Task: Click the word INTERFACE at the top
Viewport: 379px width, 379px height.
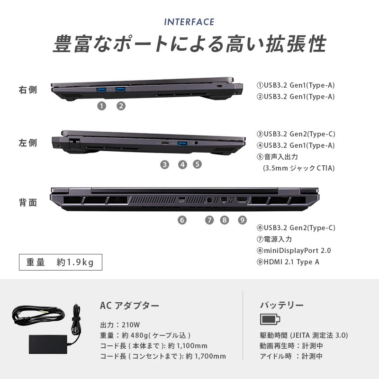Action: coord(189,22)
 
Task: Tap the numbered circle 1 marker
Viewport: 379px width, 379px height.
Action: coord(101,106)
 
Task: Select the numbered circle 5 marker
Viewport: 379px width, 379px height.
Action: coord(197,164)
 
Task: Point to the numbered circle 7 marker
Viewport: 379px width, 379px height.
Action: coord(209,220)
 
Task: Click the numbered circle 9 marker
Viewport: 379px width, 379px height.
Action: coord(242,220)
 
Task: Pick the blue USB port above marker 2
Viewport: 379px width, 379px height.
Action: coord(120,90)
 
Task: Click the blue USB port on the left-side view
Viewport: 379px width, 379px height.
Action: coord(182,144)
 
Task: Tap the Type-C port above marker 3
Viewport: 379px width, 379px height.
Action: coord(165,143)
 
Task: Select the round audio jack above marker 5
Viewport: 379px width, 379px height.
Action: coord(196,143)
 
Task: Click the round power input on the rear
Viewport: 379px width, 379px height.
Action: coord(209,200)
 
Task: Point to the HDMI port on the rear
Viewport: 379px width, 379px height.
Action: coord(242,199)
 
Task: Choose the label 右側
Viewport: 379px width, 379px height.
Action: coord(28,90)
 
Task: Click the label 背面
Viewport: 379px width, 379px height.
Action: coord(28,203)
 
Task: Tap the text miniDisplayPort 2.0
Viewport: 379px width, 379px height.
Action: coord(297,251)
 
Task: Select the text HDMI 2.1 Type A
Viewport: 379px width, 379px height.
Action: coord(291,262)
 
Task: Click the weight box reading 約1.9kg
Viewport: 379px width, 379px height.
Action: coord(61,262)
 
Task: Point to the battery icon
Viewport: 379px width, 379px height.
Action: coord(270,319)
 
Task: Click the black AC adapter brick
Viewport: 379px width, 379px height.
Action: coord(48,344)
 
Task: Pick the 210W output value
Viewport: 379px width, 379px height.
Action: coord(131,325)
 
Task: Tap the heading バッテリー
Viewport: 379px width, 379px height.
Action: coord(282,305)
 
